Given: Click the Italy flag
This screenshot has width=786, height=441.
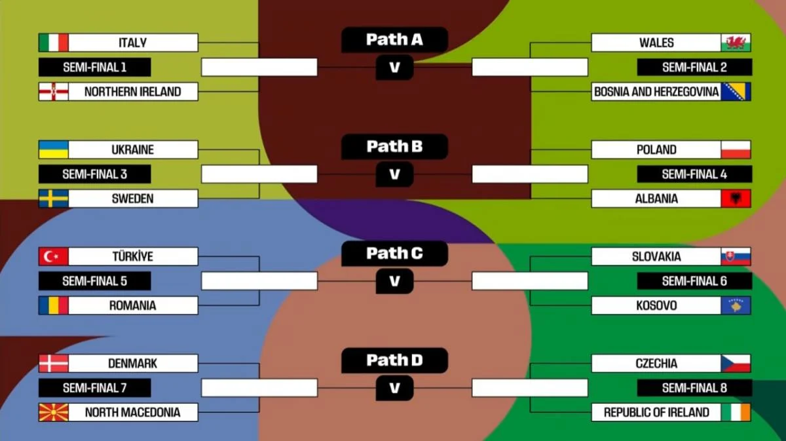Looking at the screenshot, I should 53,43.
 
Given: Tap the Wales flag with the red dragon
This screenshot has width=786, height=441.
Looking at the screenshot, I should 736,43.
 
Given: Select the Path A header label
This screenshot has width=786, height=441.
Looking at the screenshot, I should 394,40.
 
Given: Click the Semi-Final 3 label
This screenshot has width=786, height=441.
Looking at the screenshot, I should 94,174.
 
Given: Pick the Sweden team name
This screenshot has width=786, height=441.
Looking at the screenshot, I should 132,199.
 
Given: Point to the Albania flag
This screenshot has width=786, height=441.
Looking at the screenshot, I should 736,199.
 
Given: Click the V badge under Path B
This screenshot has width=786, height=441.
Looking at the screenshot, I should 394,174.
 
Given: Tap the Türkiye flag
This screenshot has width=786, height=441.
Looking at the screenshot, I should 53,256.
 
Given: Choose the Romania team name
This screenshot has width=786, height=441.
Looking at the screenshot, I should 132,305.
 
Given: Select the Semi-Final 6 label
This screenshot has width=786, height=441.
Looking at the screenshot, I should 694,281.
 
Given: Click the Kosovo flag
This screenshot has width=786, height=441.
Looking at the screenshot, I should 736,305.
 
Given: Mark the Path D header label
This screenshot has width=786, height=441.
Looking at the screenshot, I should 394,360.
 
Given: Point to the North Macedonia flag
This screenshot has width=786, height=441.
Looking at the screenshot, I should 53,412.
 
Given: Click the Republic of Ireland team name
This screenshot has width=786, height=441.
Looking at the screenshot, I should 656,412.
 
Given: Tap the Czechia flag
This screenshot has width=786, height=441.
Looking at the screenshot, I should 736,363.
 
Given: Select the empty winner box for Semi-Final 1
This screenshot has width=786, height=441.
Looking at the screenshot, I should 259,67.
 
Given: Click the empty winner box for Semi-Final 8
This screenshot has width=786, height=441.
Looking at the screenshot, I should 530,388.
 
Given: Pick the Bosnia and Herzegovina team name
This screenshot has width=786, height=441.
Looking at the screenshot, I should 656,92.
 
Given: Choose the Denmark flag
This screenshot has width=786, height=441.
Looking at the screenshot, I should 53,363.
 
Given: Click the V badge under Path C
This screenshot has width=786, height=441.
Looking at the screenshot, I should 394,281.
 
